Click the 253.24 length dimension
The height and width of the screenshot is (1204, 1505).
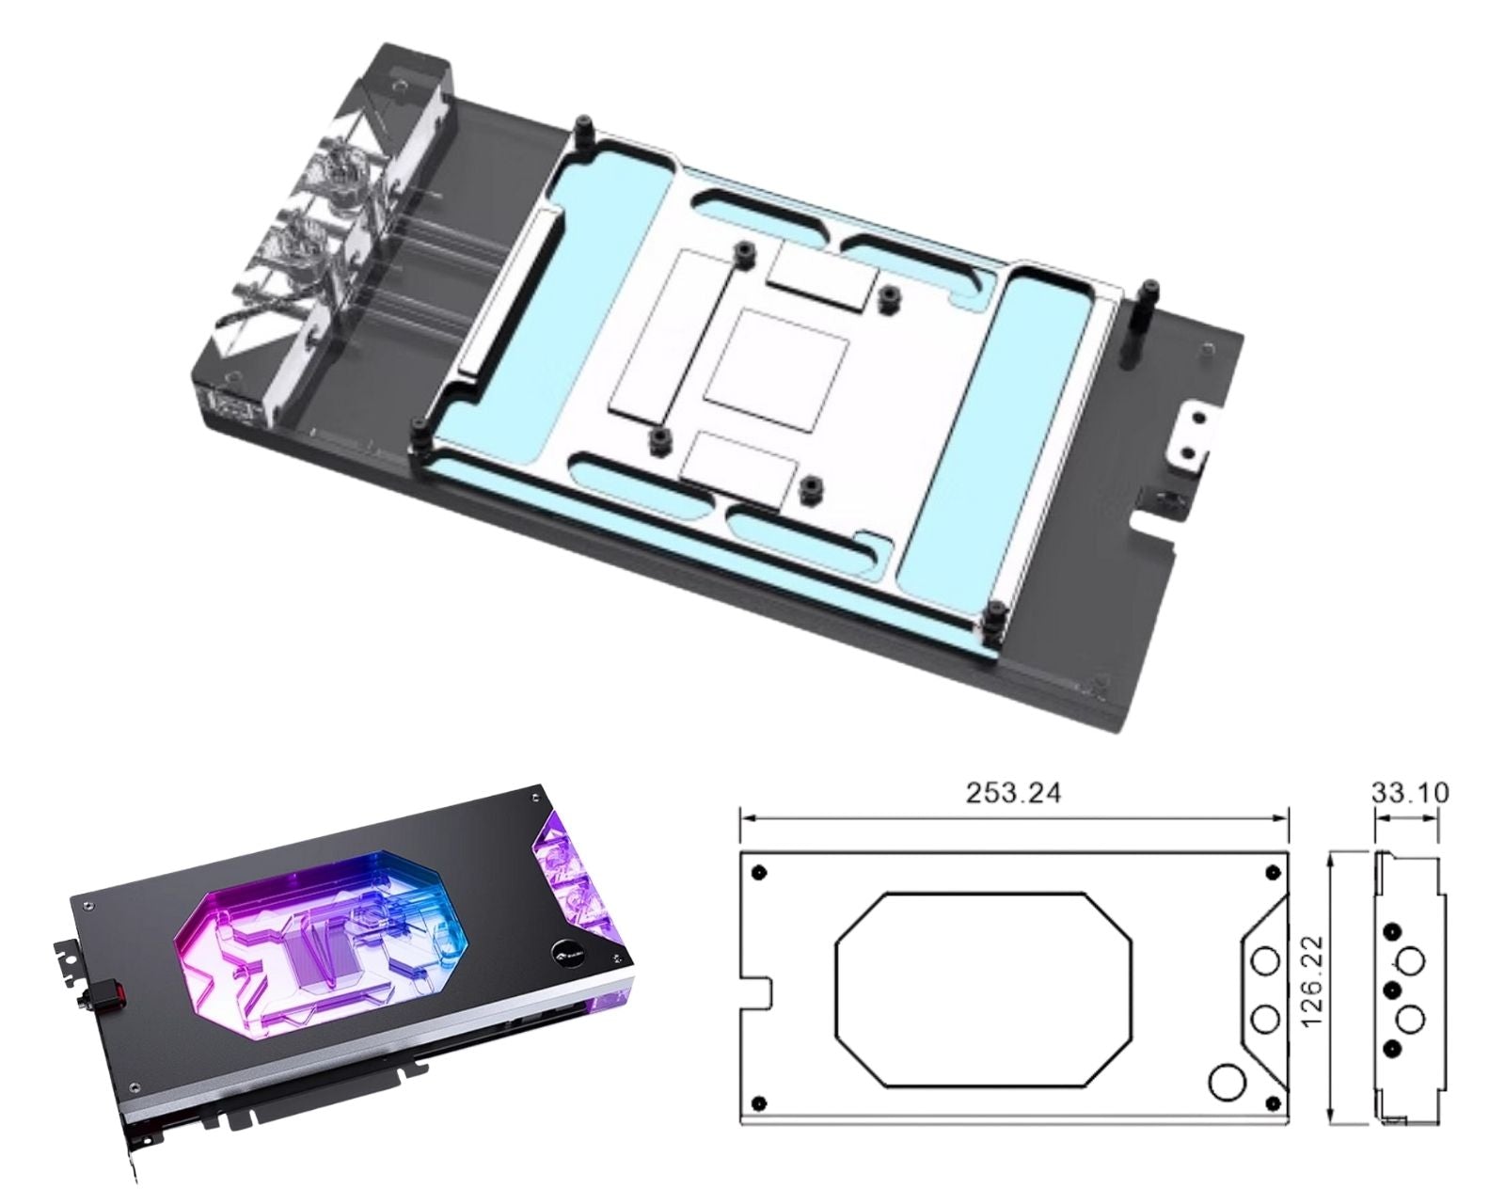point(1013,793)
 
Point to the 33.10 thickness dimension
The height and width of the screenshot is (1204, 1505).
point(1410,793)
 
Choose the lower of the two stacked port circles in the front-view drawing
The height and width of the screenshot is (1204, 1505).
point(1265,1021)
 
